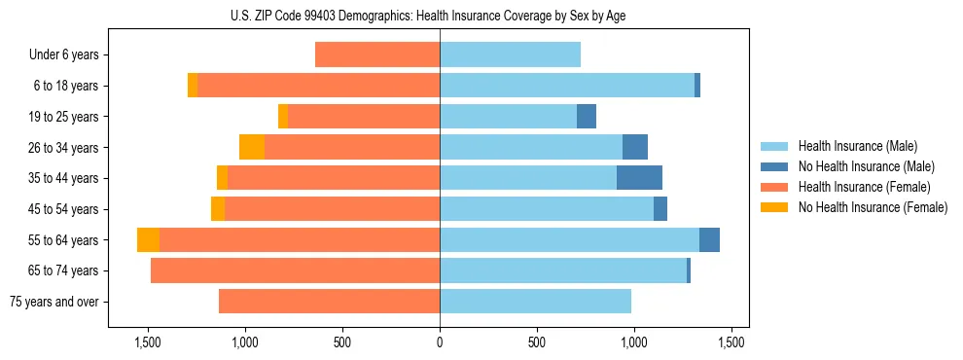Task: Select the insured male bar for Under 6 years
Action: click(x=510, y=55)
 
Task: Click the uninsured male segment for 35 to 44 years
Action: click(x=639, y=178)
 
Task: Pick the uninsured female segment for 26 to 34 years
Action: click(x=252, y=147)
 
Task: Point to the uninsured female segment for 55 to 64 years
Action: click(x=148, y=240)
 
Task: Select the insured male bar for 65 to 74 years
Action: click(x=562, y=270)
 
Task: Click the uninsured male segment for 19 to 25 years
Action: click(x=587, y=117)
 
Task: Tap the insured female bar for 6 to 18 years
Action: click(x=318, y=86)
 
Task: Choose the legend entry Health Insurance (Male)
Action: click(x=857, y=146)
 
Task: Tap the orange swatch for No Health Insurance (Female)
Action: click(x=775, y=207)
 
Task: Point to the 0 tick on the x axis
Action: click(x=440, y=342)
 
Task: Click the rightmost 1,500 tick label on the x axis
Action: click(x=731, y=342)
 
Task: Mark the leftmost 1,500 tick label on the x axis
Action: click(x=148, y=342)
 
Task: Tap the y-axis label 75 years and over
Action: click(x=54, y=302)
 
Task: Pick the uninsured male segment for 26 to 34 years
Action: click(x=635, y=147)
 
